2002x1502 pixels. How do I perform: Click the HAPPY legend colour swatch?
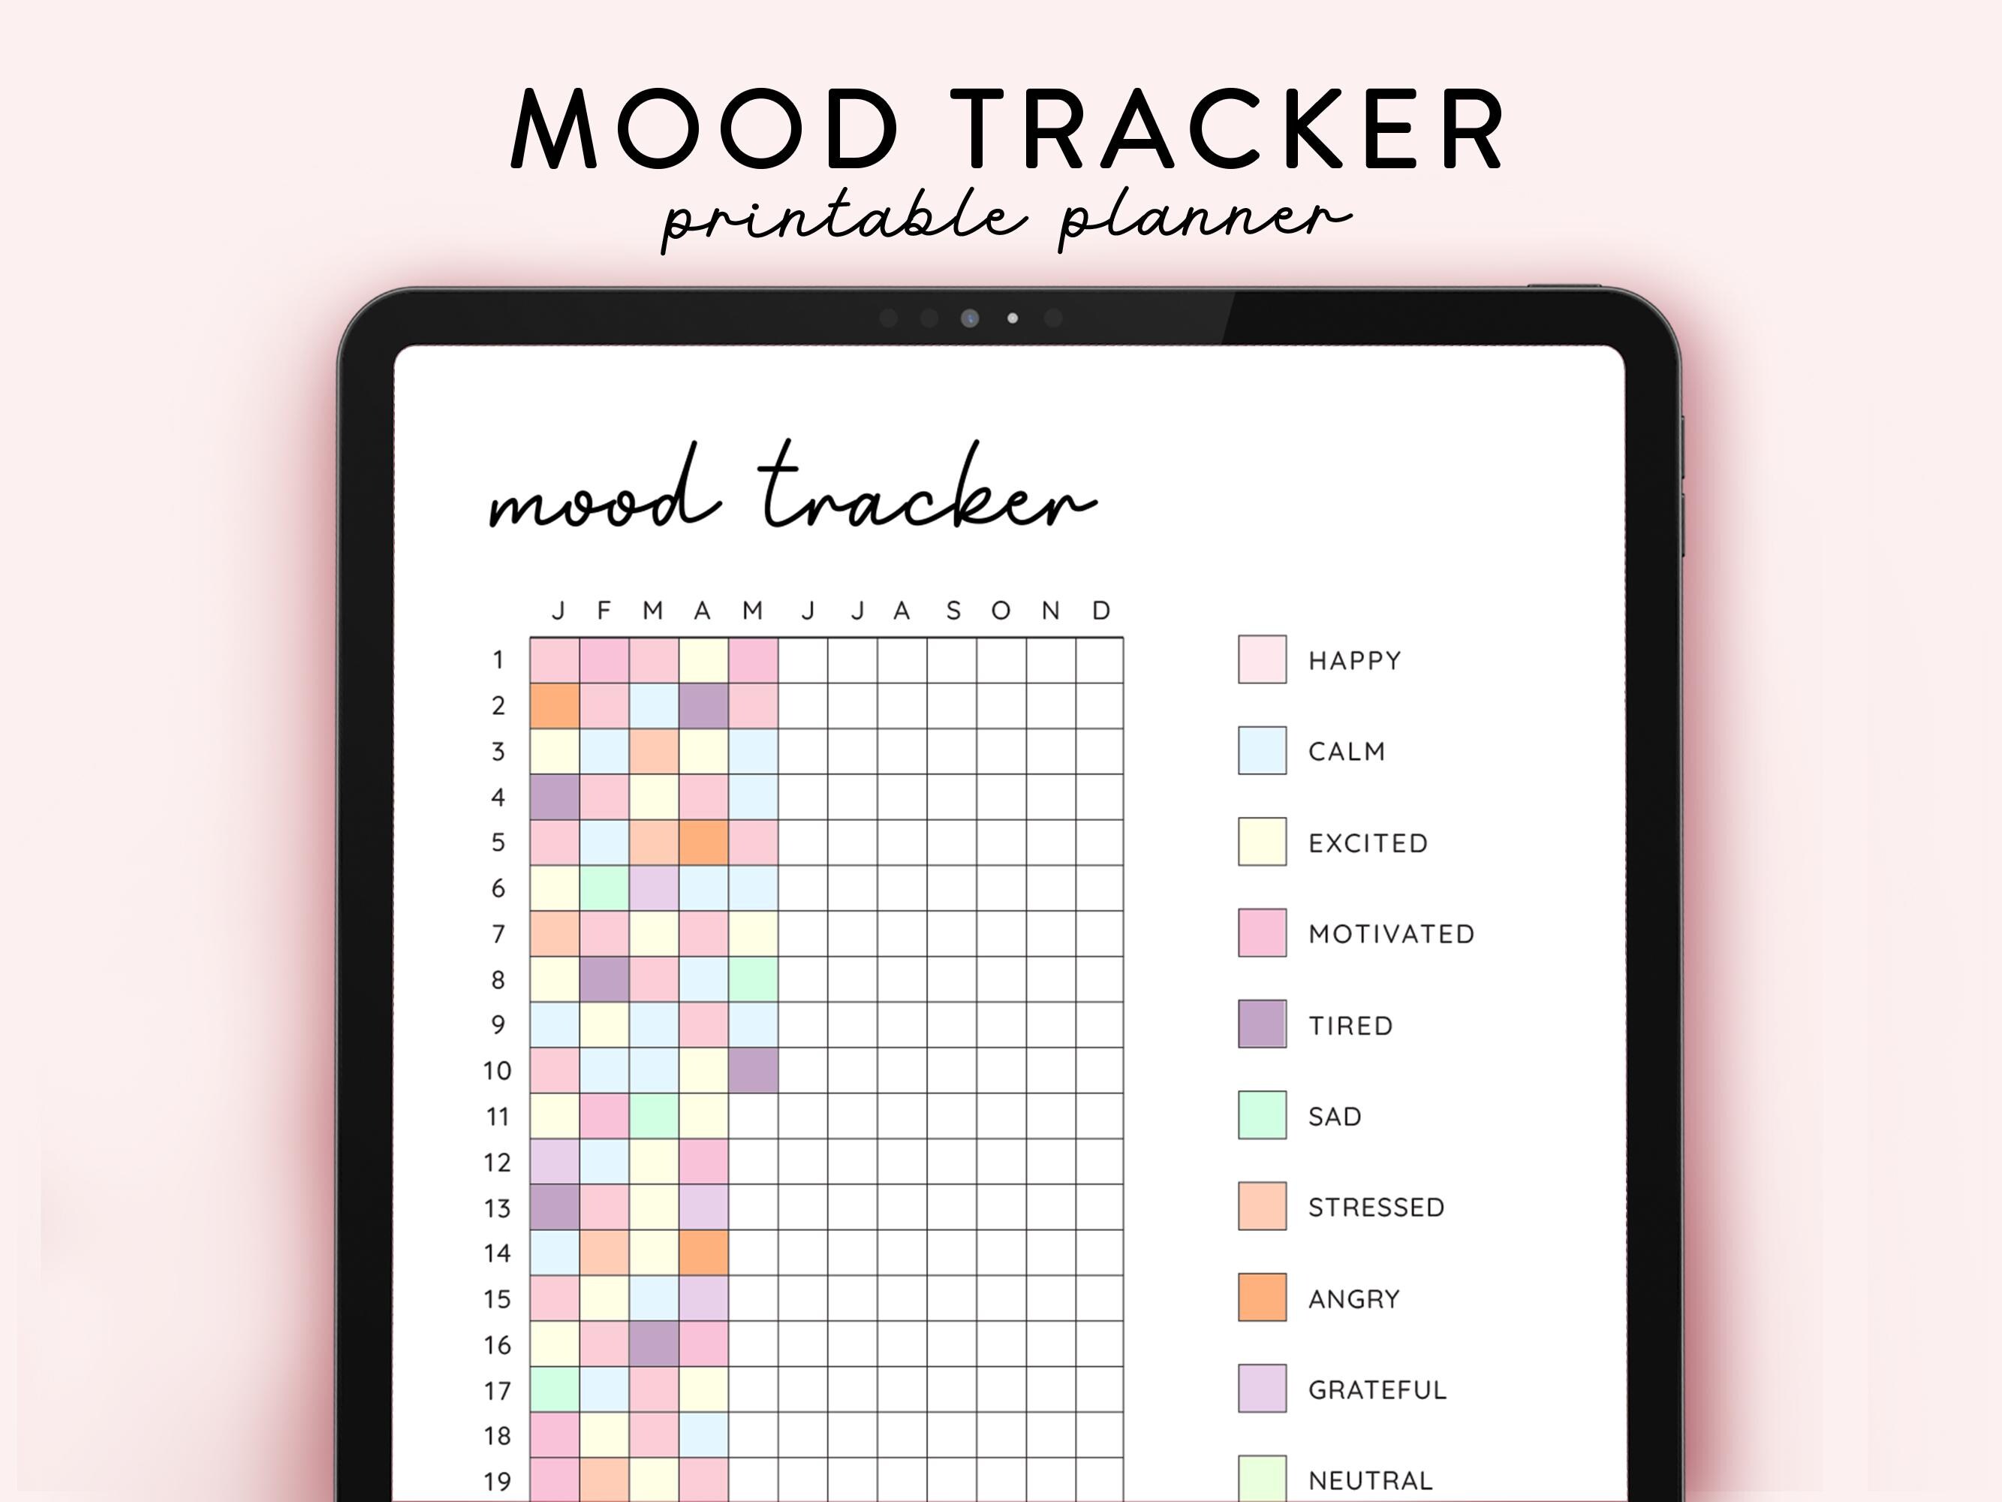[1262, 659]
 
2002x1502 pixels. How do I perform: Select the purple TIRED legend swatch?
[1262, 1024]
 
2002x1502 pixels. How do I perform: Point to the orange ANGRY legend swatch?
[1262, 1298]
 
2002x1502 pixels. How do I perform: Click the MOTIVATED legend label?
[1391, 933]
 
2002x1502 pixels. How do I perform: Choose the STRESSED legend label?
[1376, 1207]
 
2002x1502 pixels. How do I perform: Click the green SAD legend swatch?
[1262, 1115]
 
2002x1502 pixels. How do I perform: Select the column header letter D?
[1100, 611]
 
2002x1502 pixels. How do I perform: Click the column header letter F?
[604, 611]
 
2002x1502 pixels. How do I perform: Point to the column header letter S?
[953, 611]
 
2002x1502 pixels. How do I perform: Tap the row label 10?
[497, 1071]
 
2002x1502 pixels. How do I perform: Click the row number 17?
[497, 1391]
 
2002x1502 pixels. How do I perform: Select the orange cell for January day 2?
[555, 705]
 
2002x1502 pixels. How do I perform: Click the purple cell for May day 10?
[753, 1070]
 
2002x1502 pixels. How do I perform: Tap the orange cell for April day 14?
[703, 1253]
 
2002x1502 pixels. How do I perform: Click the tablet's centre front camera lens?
[969, 318]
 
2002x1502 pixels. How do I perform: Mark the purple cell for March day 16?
[655, 1344]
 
